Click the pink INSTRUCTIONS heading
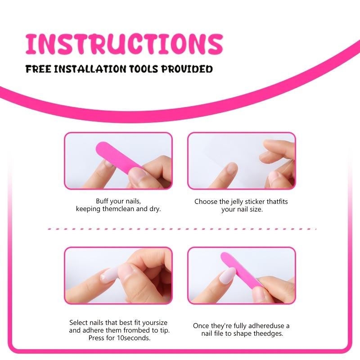[124, 44]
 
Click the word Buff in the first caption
[103, 201]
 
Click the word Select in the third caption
[79, 323]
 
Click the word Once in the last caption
[202, 326]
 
